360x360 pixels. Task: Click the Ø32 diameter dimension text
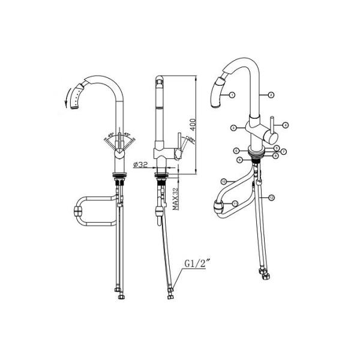pos(140,164)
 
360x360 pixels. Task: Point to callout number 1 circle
pos(232,95)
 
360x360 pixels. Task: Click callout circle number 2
pos(271,95)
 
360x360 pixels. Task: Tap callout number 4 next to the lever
pos(286,125)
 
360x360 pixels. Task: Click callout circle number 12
pos(272,197)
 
